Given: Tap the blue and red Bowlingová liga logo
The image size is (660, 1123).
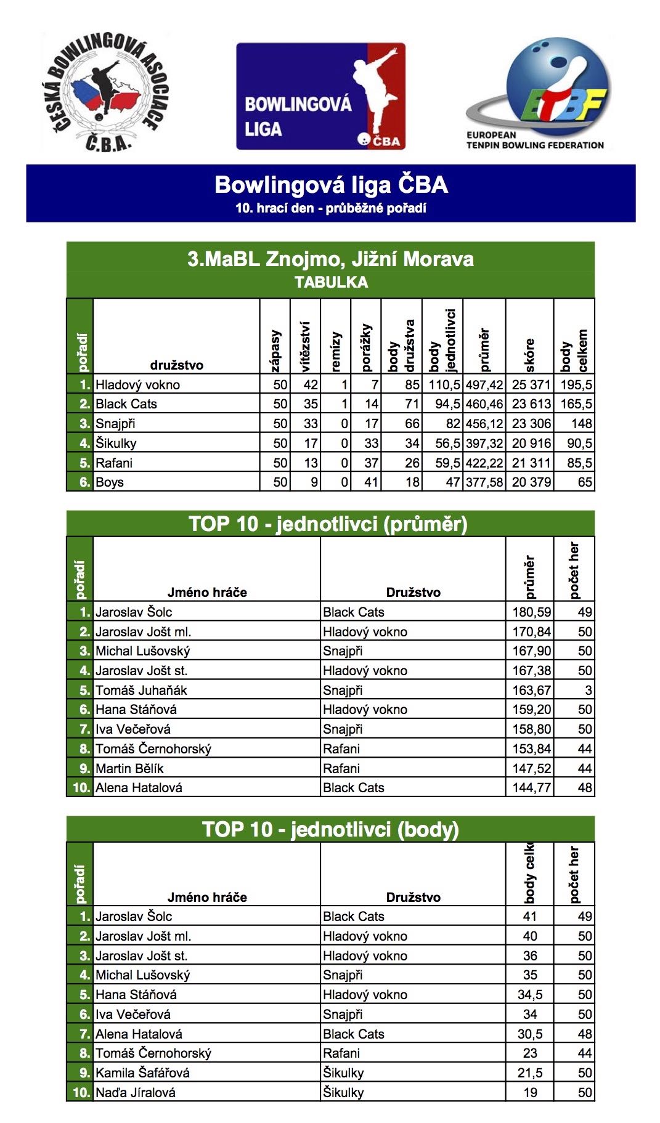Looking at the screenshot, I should (x=320, y=96).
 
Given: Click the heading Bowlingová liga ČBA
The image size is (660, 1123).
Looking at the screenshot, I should (x=331, y=185).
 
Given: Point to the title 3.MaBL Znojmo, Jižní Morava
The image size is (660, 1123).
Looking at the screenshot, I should (x=330, y=259).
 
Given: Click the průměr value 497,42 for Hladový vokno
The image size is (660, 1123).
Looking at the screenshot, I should (x=484, y=385).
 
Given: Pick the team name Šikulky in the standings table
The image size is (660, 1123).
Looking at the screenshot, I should (x=116, y=444).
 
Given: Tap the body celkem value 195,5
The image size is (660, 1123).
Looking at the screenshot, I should (x=576, y=385).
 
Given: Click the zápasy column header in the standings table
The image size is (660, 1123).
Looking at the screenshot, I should (x=275, y=351).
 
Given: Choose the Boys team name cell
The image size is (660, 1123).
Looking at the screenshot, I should (x=110, y=482).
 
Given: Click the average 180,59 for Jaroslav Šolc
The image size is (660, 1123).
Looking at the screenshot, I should (x=531, y=612).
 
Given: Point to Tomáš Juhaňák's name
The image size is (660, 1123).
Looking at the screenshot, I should (x=141, y=691).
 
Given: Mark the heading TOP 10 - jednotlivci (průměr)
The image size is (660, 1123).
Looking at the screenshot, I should (x=328, y=524).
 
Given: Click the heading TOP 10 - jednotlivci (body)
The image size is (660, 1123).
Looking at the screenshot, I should (x=330, y=829).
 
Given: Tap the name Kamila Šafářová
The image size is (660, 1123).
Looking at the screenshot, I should (x=142, y=1073).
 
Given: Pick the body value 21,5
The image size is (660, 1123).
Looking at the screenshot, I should (x=530, y=1073).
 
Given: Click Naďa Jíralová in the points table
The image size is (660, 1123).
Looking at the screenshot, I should (x=136, y=1093).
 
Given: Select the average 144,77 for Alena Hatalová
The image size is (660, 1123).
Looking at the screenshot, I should (x=531, y=788).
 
